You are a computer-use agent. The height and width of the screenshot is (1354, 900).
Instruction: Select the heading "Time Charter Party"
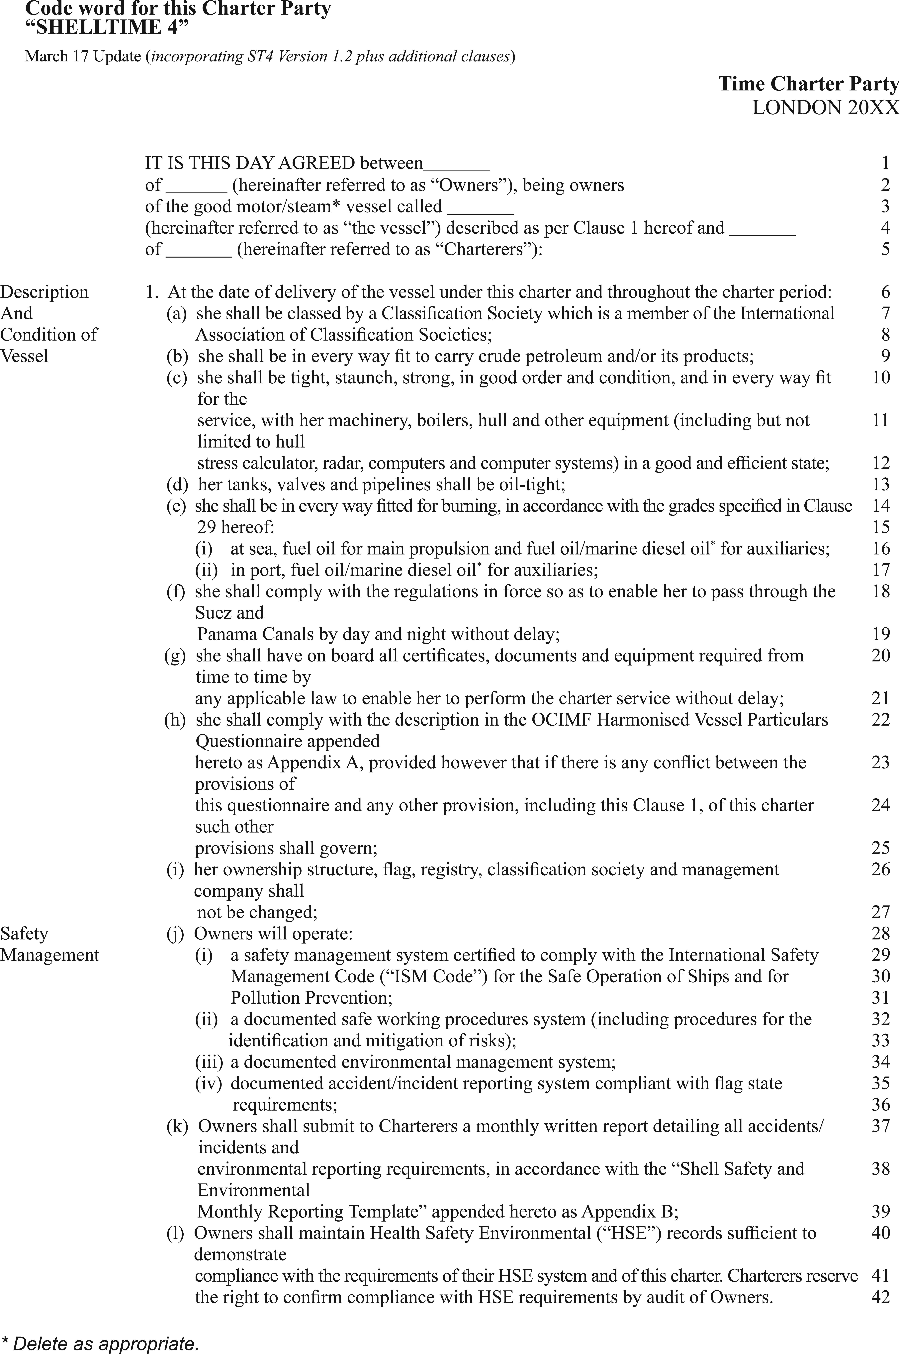tap(808, 84)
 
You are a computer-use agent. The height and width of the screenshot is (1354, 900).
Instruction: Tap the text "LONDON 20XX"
tap(825, 108)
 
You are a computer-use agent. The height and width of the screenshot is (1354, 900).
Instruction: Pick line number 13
tap(880, 485)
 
